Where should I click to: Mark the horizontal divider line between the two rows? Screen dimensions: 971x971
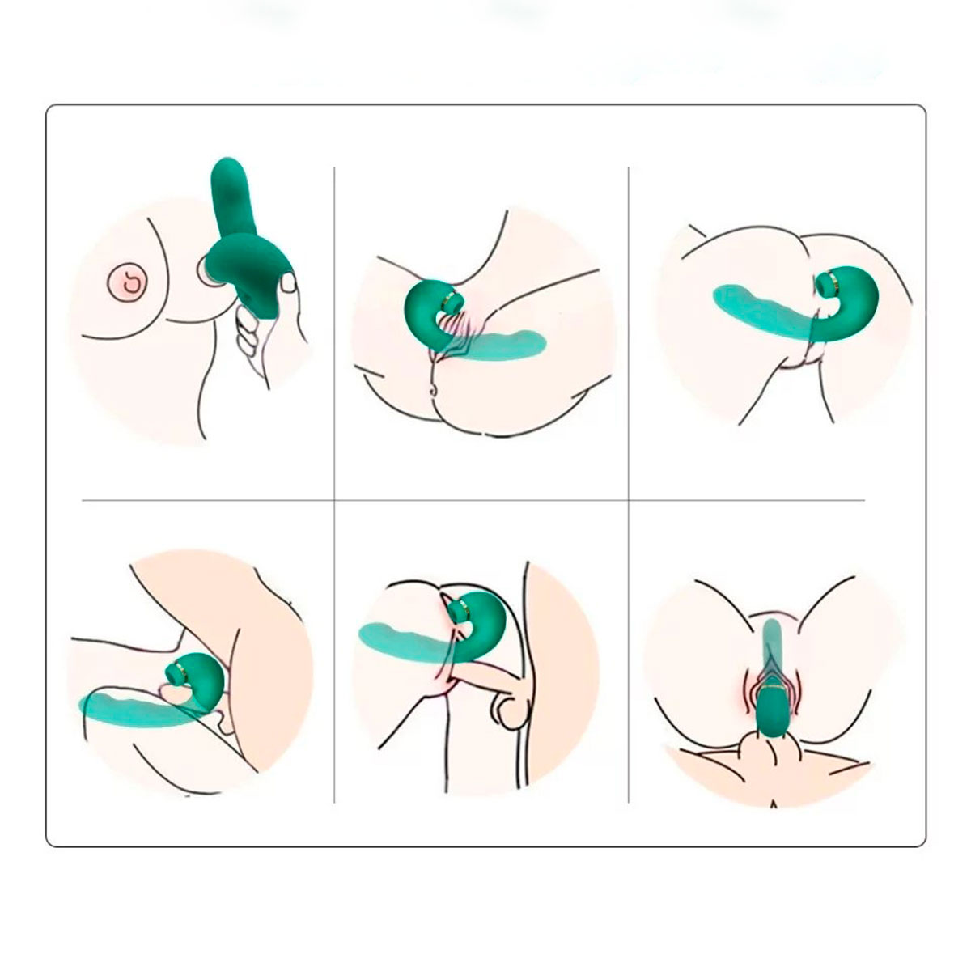click(x=485, y=500)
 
